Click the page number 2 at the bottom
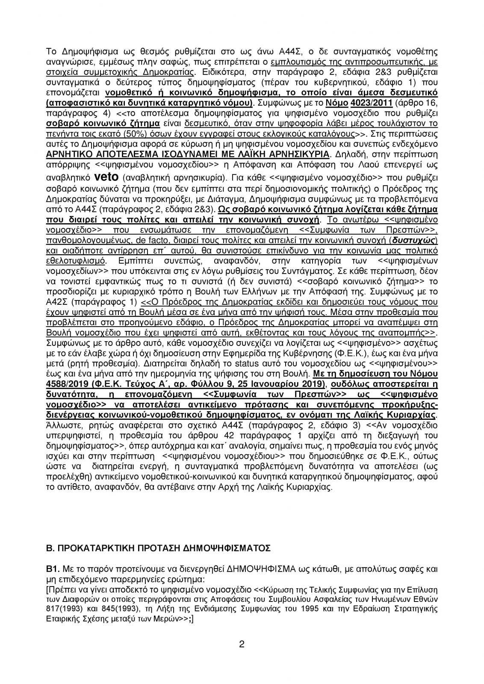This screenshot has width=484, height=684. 242,657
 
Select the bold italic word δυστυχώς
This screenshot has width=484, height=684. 414,241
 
